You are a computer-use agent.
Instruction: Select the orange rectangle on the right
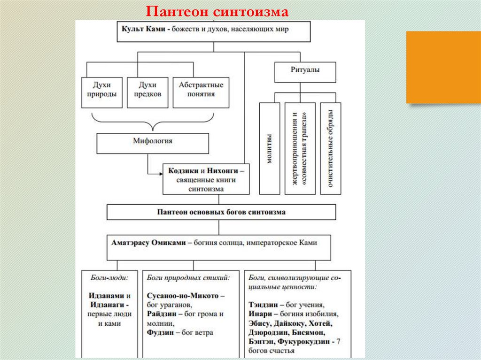tap(443, 67)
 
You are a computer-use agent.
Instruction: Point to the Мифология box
tap(152, 140)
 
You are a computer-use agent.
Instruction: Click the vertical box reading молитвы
tap(270, 148)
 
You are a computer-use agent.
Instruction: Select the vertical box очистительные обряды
tap(331, 148)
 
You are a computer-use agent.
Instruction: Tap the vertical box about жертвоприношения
tap(300, 148)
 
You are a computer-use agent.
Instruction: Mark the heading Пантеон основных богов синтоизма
tap(221, 212)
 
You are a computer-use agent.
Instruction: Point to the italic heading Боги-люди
tap(109, 277)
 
